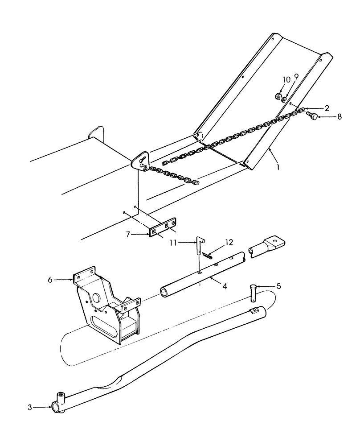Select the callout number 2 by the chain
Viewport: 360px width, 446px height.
pyautogui.click(x=327, y=108)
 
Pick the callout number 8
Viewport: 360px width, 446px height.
pyautogui.click(x=340, y=117)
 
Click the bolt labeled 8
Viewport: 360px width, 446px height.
pyautogui.click(x=312, y=116)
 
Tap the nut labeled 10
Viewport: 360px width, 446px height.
pyautogui.click(x=278, y=95)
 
